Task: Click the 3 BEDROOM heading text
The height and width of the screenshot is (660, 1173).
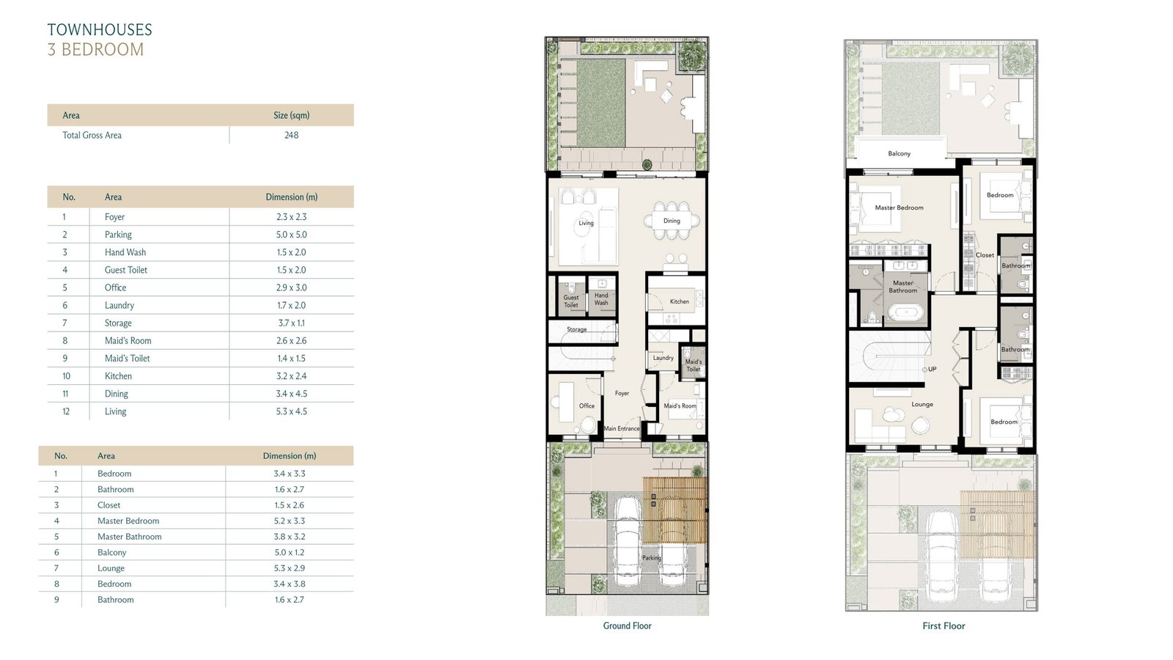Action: tap(95, 50)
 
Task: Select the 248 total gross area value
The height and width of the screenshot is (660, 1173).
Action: tap(291, 135)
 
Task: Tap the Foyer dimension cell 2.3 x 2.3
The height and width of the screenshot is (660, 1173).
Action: tap(291, 217)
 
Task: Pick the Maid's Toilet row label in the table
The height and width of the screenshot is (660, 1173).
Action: tap(128, 359)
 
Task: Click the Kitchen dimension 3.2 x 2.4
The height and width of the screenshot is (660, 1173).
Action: tap(291, 376)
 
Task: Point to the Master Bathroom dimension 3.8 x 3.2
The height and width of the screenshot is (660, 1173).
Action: tap(289, 536)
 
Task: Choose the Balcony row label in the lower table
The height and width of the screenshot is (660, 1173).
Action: tap(111, 552)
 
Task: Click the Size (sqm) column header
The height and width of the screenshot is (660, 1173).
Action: tap(291, 115)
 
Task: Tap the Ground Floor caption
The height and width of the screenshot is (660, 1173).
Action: tap(627, 626)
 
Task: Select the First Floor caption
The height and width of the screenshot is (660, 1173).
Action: tap(944, 626)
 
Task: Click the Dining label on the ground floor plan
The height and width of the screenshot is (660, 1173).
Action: tap(672, 221)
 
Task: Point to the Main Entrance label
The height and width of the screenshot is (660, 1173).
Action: tap(622, 428)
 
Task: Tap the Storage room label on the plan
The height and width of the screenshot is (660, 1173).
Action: tap(576, 329)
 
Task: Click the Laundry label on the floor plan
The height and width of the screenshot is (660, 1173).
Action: tap(663, 358)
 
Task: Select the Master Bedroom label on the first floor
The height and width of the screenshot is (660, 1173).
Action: tap(899, 208)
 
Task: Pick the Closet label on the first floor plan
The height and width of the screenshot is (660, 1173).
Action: tap(985, 255)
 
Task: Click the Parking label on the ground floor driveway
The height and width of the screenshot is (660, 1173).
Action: tap(652, 558)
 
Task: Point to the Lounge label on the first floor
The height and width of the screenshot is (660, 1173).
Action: tap(922, 404)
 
